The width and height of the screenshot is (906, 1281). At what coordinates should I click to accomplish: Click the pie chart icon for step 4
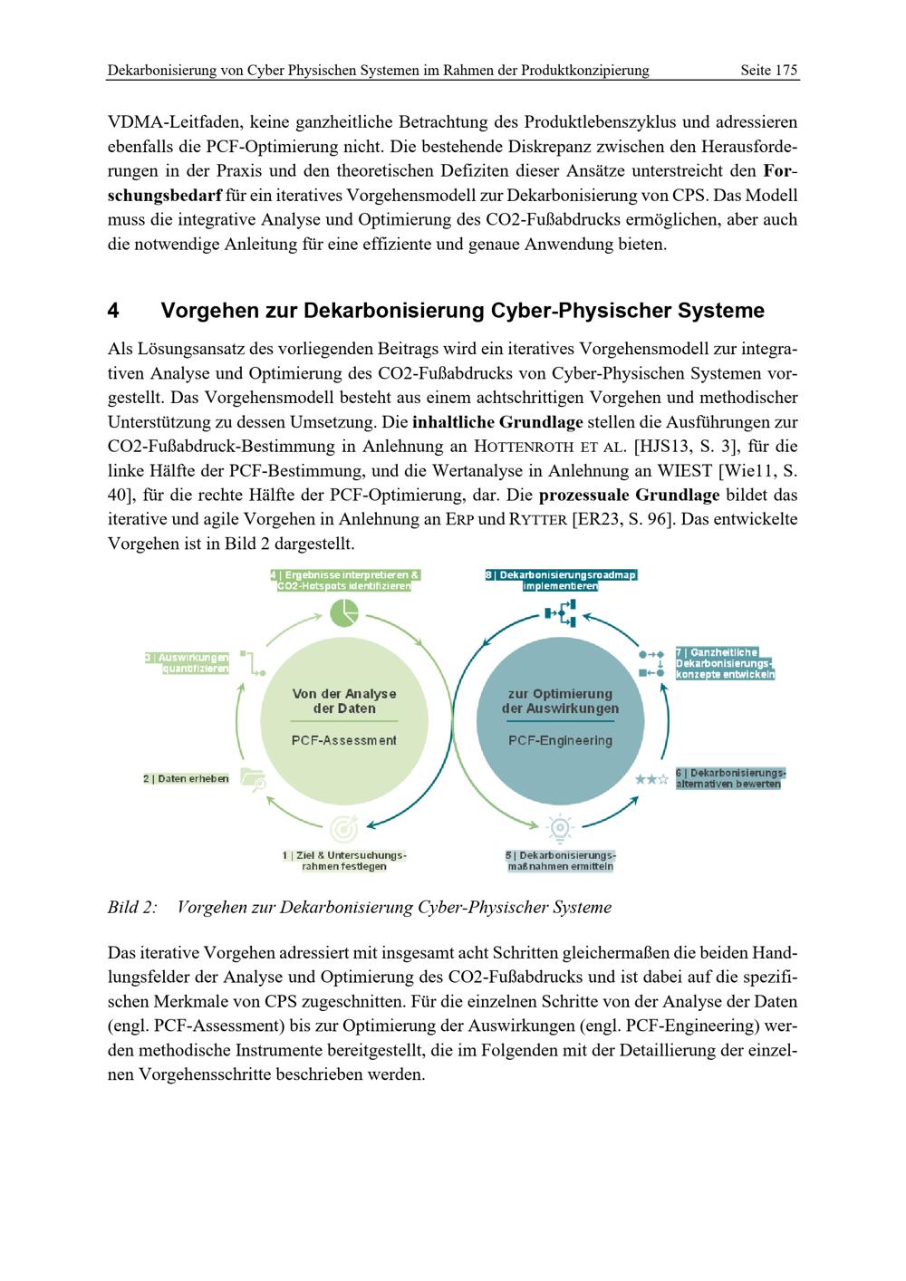click(x=344, y=613)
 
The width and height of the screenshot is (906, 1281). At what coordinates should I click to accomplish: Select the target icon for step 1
click(x=344, y=827)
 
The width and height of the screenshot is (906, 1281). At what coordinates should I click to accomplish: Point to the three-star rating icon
click(x=651, y=778)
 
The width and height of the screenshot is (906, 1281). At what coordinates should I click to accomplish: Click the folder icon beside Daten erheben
click(x=253, y=779)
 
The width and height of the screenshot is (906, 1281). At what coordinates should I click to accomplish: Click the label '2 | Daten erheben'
click(x=186, y=778)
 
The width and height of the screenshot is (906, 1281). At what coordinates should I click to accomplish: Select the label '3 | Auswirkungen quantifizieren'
click(x=187, y=662)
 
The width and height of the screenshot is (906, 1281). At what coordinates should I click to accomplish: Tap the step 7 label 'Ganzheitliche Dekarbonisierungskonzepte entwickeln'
click(x=725, y=663)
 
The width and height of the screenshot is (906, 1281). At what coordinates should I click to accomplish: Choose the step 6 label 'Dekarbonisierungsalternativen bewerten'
click(x=730, y=778)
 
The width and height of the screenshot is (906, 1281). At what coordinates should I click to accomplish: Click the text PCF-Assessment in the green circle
click(x=344, y=740)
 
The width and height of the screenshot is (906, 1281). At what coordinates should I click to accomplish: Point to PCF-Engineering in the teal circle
click(x=560, y=740)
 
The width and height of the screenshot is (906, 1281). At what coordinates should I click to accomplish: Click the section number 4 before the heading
click(x=113, y=311)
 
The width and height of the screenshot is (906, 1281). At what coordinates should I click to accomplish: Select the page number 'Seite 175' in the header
click(x=768, y=70)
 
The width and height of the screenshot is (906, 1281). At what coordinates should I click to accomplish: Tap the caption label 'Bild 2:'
click(x=132, y=907)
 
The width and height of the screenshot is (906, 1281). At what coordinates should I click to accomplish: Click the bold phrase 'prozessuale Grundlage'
click(x=629, y=496)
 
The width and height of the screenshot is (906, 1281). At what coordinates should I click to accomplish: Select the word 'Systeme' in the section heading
click(x=718, y=311)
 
